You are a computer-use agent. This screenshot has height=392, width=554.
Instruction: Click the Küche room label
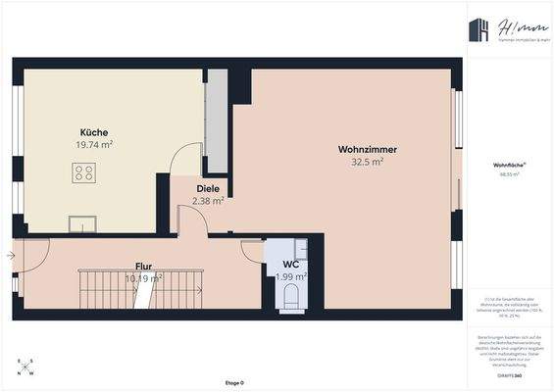(x=94, y=132)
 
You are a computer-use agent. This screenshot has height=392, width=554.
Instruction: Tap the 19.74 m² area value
(x=94, y=144)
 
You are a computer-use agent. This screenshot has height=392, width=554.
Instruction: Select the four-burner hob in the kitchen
(x=84, y=174)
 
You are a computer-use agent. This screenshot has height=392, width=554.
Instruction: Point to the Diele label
(x=208, y=188)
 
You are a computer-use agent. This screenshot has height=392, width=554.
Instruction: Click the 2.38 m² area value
(x=208, y=201)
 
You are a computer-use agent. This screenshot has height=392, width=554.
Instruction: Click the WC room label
(x=290, y=265)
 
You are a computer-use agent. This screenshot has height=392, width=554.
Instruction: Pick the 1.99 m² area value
(x=291, y=277)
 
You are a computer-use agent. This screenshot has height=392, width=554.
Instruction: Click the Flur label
(x=144, y=266)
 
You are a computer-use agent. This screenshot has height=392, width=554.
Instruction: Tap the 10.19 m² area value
(x=144, y=278)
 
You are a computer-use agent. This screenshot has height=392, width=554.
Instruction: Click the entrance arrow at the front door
(x=10, y=256)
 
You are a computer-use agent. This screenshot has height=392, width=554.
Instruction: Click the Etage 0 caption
(x=233, y=382)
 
